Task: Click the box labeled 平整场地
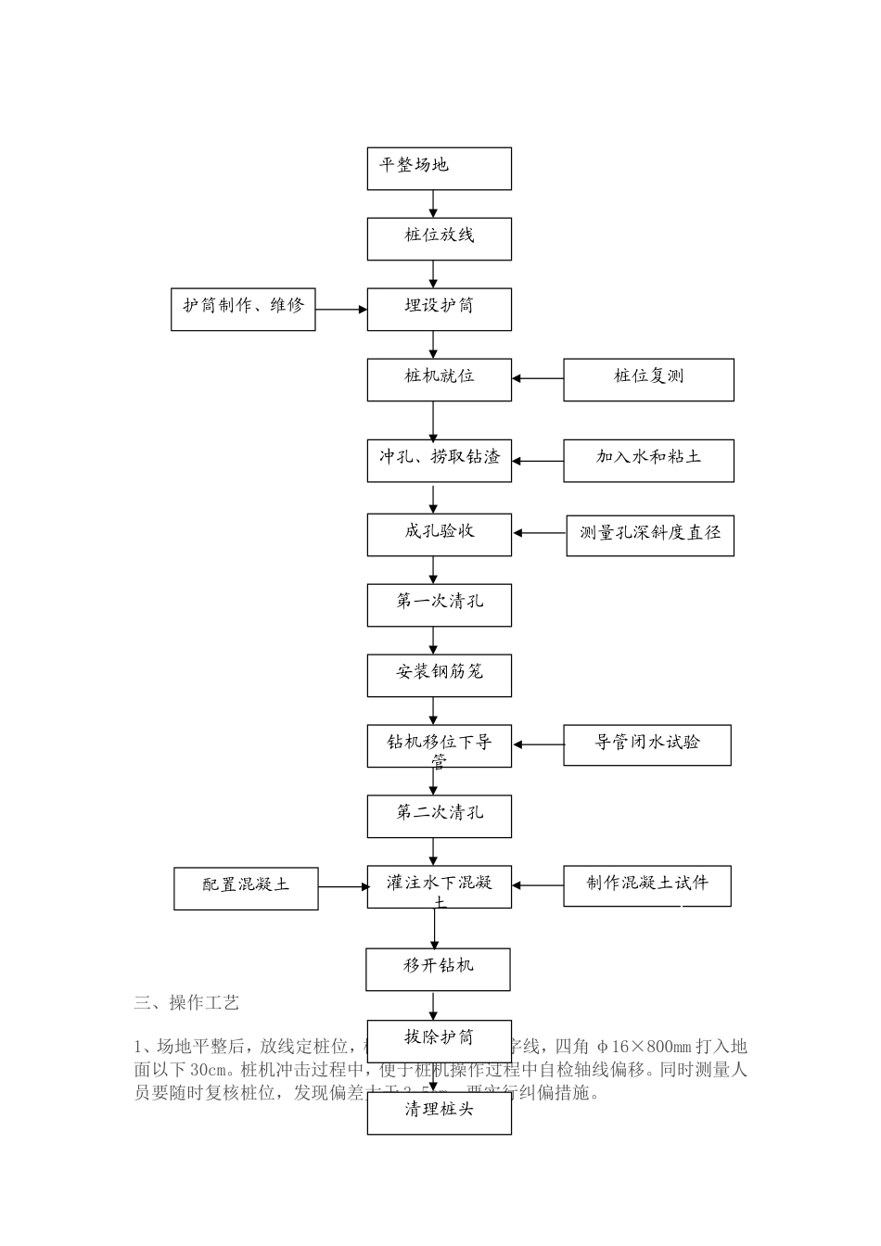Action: (x=439, y=169)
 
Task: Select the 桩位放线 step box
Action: (x=439, y=238)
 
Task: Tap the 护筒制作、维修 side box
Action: (x=243, y=309)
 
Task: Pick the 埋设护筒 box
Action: (x=439, y=309)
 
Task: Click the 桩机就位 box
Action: (x=439, y=379)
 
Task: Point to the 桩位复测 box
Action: (x=648, y=379)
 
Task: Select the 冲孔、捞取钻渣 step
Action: (x=439, y=460)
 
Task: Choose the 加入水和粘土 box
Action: (x=648, y=460)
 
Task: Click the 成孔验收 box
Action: (x=439, y=534)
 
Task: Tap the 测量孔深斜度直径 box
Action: (x=650, y=535)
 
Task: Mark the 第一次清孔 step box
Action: (x=439, y=604)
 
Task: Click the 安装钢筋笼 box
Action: (x=439, y=675)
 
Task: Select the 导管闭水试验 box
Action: (x=647, y=744)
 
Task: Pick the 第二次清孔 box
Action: (x=439, y=816)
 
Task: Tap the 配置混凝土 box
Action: (x=246, y=888)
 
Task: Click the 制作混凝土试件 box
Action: (x=647, y=885)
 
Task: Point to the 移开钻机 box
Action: (x=438, y=969)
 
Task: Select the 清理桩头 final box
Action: (x=439, y=1112)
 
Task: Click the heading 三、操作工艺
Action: (x=186, y=1002)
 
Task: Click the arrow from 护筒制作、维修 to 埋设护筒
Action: (x=341, y=310)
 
